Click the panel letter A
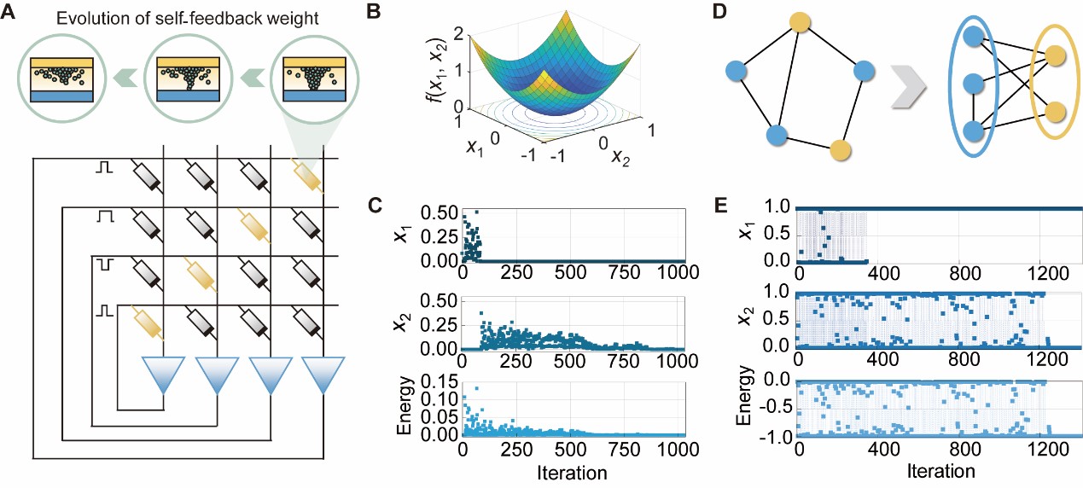(11, 12)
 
